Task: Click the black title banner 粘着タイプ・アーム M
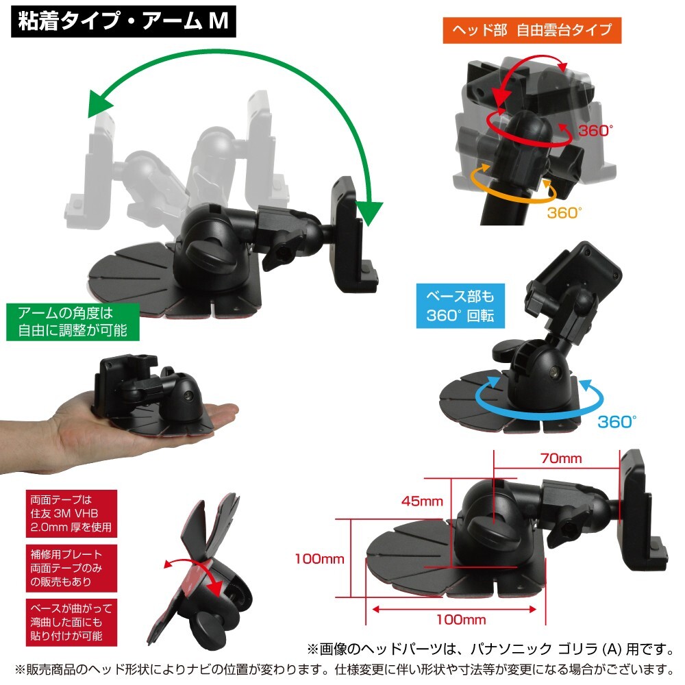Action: coord(124,22)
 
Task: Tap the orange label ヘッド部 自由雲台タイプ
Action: coord(532,30)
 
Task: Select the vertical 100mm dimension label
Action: coord(319,558)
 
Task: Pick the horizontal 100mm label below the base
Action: coord(460,620)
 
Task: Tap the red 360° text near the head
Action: coord(594,131)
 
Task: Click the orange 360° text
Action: coord(564,213)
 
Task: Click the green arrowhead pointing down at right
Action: coord(370,212)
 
